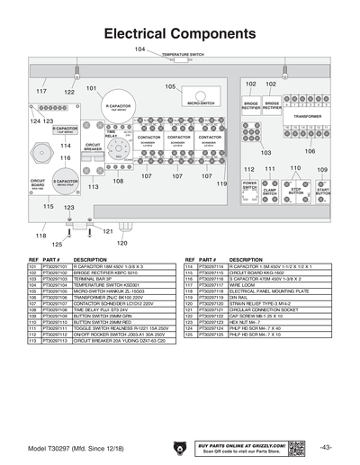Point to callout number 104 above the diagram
point(139,48)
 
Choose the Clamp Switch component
point(269,192)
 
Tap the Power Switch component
point(249,187)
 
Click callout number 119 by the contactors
point(221,183)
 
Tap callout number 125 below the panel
point(58,244)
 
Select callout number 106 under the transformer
point(309,151)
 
